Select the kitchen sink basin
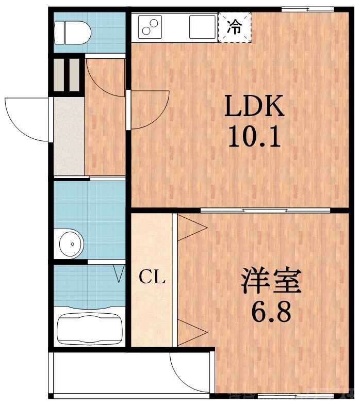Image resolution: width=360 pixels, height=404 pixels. tap(202, 27)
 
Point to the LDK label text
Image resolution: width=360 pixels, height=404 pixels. tap(253, 107)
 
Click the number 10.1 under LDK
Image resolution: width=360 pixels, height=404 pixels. tap(253, 137)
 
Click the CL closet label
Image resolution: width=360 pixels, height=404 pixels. tap(152, 278)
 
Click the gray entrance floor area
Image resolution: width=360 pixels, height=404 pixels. tap(69, 136)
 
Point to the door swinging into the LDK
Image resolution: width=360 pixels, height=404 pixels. tap(150, 109)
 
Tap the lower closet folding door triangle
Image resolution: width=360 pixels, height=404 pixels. tap(192, 330)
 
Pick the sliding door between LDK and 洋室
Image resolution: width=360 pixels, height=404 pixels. tap(265, 210)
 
